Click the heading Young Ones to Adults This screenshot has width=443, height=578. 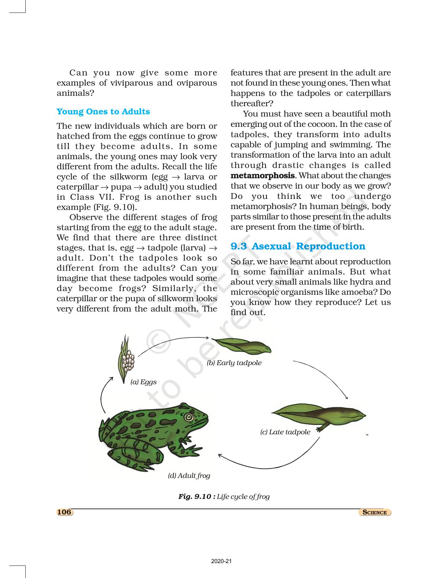pos(103,112)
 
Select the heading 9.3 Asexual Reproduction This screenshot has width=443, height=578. pos(297,246)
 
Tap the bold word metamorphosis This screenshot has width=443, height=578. pos(262,176)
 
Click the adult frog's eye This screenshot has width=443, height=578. pos(188,417)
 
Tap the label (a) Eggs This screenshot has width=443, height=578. pos(144,382)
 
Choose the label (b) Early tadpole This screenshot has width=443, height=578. pos(234,363)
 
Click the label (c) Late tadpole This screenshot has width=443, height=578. pos(285,432)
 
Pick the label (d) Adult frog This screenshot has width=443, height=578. pos(189,476)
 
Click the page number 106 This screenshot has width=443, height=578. pos(64,512)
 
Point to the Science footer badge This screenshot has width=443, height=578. pos(374,512)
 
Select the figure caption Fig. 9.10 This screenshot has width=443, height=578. pos(224,496)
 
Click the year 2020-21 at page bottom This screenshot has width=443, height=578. pos(221,561)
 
